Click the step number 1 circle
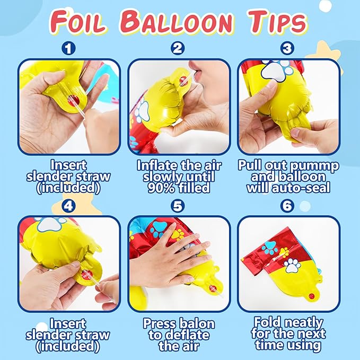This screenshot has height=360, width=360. (68, 48)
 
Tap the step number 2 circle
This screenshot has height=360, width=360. (178, 48)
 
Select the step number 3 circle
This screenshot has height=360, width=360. (287, 48)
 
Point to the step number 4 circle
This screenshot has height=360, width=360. (68, 206)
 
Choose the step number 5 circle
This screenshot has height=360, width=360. (178, 206)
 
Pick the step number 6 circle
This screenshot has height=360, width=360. (287, 206)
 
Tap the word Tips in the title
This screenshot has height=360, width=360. (277, 22)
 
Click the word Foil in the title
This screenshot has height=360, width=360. (77, 22)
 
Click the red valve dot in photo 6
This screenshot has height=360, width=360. (311, 296)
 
